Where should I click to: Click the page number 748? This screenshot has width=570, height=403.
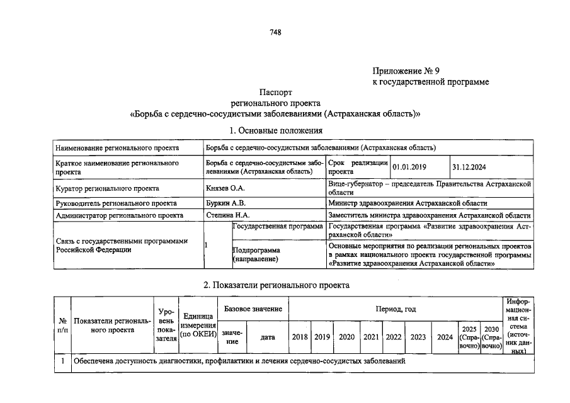[275, 33]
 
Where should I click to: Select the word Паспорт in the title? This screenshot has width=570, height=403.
[275, 92]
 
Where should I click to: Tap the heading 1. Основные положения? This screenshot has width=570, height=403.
[276, 130]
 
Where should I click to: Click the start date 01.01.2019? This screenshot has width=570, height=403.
[409, 167]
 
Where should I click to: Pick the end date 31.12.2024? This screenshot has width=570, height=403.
[469, 167]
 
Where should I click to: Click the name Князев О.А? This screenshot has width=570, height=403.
[225, 188]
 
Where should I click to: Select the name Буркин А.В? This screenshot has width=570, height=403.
[225, 203]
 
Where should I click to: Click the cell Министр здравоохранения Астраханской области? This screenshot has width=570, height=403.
[408, 203]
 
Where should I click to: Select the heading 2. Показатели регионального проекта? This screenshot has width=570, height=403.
[276, 285]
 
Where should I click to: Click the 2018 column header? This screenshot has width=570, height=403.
[300, 337]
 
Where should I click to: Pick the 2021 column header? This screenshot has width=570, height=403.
[371, 337]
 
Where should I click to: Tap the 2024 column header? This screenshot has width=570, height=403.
[445, 337]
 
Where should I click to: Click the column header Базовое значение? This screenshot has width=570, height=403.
[253, 309]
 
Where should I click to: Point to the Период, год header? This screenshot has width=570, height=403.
[396, 309]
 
